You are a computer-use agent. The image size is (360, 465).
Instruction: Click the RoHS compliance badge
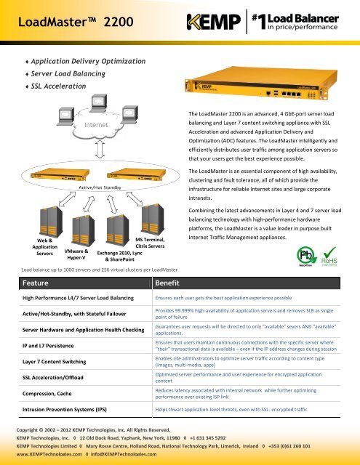coord(332,256)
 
